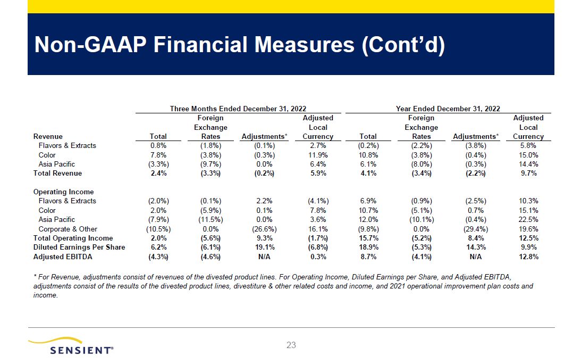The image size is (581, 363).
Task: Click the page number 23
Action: click(291, 345)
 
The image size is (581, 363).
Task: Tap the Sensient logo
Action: click(71, 346)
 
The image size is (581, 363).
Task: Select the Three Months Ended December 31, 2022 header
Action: click(238, 109)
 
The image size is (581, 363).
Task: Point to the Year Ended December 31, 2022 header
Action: click(448, 109)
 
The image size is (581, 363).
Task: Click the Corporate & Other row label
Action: click(68, 229)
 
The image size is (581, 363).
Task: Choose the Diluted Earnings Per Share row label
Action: click(79, 247)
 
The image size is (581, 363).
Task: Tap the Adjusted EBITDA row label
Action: click(63, 257)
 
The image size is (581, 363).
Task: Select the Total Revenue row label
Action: click(57, 174)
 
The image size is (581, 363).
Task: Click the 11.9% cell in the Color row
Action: click(318, 155)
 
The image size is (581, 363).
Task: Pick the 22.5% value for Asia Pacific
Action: click(528, 220)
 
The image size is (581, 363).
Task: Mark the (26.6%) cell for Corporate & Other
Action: click(264, 229)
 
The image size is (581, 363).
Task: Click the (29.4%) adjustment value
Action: click(476, 229)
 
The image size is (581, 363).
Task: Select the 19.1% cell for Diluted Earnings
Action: click(264, 247)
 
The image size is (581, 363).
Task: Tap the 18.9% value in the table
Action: click(368, 247)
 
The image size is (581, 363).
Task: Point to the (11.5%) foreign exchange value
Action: click(210, 220)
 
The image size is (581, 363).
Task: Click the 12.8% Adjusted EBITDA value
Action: click(528, 257)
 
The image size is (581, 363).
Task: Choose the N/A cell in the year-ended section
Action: click(476, 257)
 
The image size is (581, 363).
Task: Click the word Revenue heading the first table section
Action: click(48, 137)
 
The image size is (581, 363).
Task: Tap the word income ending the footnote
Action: click(45, 295)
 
